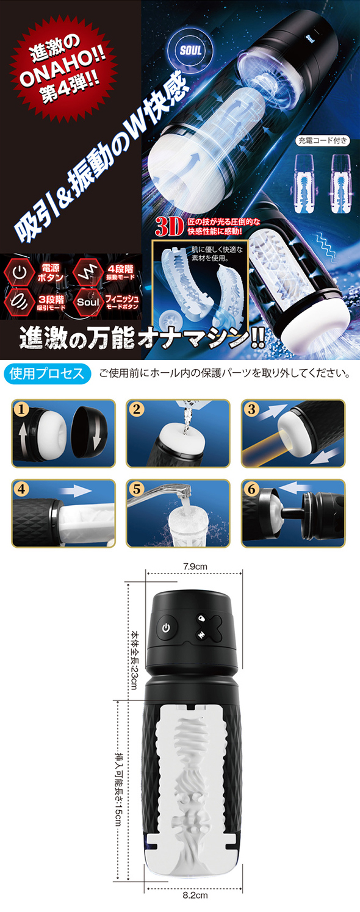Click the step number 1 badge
(x=22, y=408)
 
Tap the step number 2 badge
(x=137, y=408)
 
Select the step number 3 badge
(x=251, y=408)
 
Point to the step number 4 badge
(x=22, y=489)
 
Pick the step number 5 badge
(x=137, y=489)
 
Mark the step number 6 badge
(x=251, y=489)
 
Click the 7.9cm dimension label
(x=195, y=566)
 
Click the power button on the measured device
(x=166, y=627)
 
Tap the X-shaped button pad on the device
(x=206, y=627)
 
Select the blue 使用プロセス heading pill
(x=47, y=374)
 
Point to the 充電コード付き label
(x=322, y=140)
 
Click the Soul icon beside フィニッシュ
(x=88, y=302)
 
